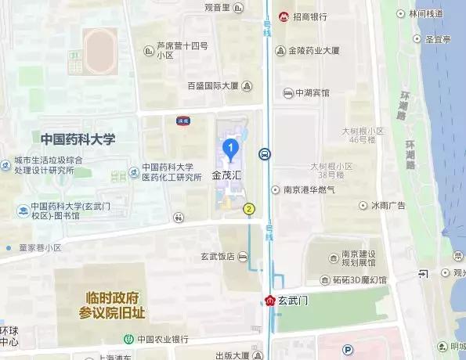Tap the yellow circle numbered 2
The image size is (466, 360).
tap(249, 208)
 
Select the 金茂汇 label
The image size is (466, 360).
tap(227, 177)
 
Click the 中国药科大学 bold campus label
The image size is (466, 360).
tap(78, 139)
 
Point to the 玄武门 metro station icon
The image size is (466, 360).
tap(269, 300)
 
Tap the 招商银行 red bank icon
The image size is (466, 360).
tap(284, 16)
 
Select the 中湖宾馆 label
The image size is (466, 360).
tap(312, 92)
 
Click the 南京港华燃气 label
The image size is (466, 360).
tap(309, 189)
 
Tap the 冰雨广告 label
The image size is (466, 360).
tap(388, 206)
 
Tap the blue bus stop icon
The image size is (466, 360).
tap(266, 154)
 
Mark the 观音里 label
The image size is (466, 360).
tap(216, 8)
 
